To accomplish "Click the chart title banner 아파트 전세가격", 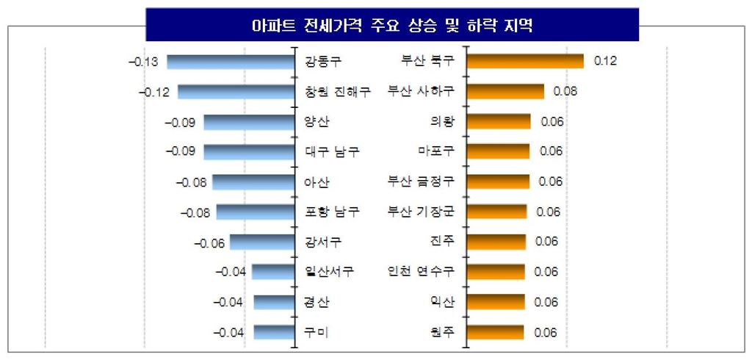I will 391,25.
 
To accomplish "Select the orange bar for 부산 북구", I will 525,61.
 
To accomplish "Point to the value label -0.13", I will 143,61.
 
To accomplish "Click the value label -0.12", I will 153,92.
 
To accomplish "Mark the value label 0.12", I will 605,61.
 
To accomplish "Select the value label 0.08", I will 565,91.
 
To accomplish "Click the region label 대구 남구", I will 332,152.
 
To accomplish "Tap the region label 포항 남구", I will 332,212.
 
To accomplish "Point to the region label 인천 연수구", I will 421,272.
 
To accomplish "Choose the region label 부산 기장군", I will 421,212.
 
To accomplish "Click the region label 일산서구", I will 329,272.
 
